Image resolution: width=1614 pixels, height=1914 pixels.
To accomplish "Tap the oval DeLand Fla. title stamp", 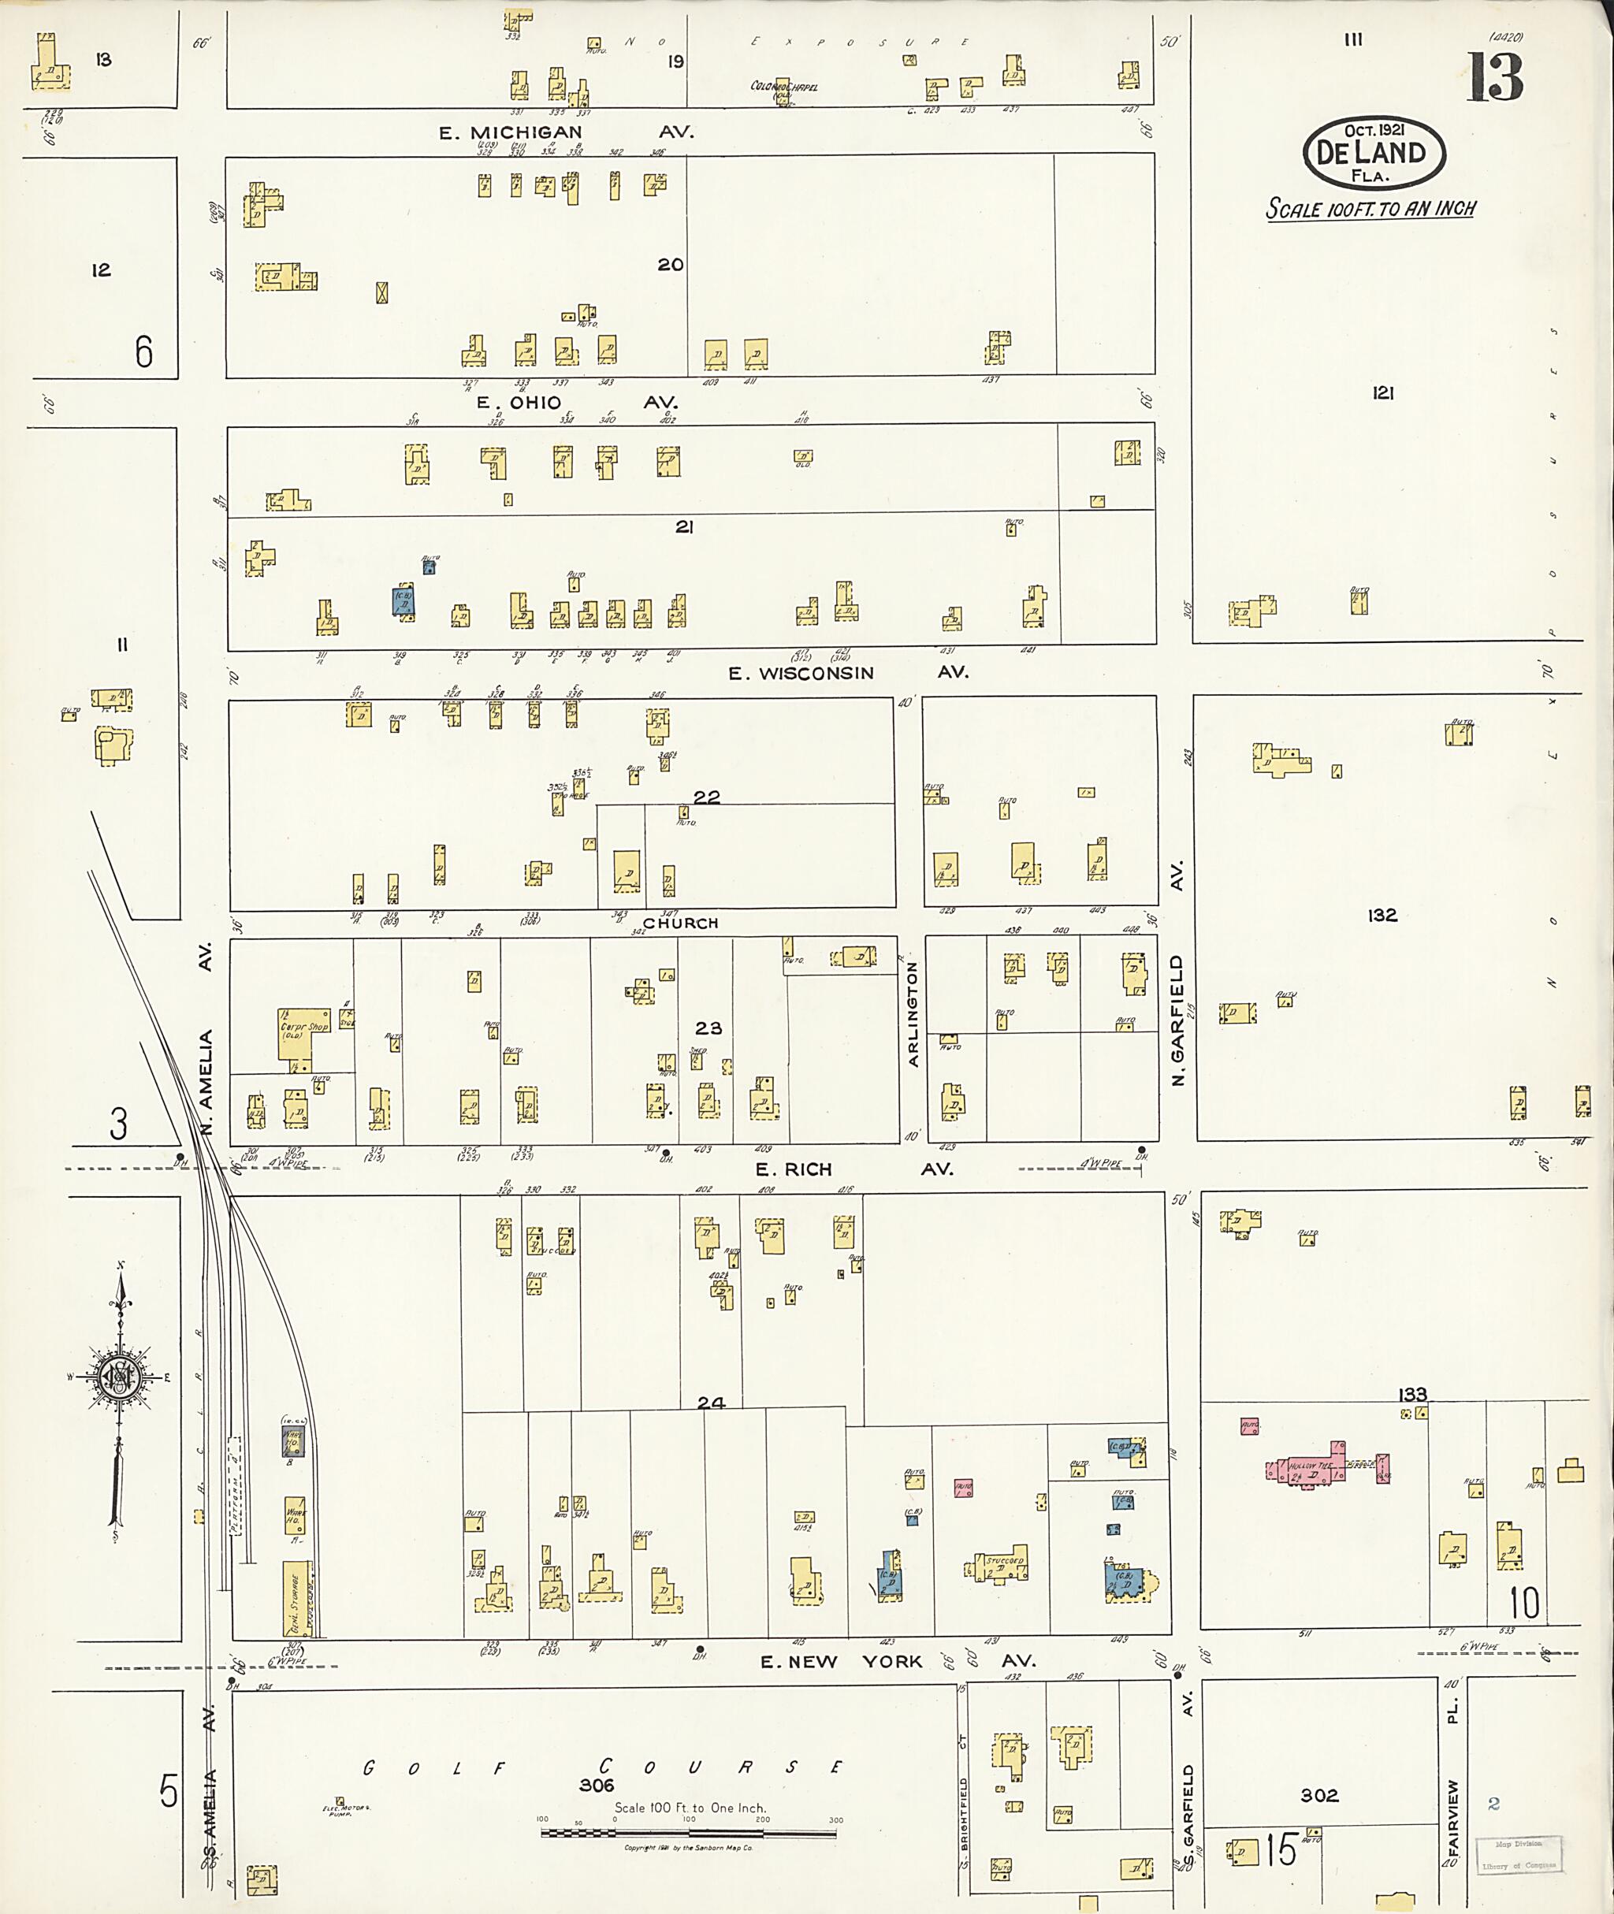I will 1374,154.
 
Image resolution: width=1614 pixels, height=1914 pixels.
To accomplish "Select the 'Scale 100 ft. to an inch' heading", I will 1370,210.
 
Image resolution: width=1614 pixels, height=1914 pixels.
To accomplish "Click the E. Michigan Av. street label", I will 567,132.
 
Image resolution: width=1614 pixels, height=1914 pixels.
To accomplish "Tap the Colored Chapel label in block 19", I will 783,87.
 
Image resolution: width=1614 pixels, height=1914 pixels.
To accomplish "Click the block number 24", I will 711,1403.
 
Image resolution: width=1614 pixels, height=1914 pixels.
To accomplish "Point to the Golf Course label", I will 602,1768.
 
